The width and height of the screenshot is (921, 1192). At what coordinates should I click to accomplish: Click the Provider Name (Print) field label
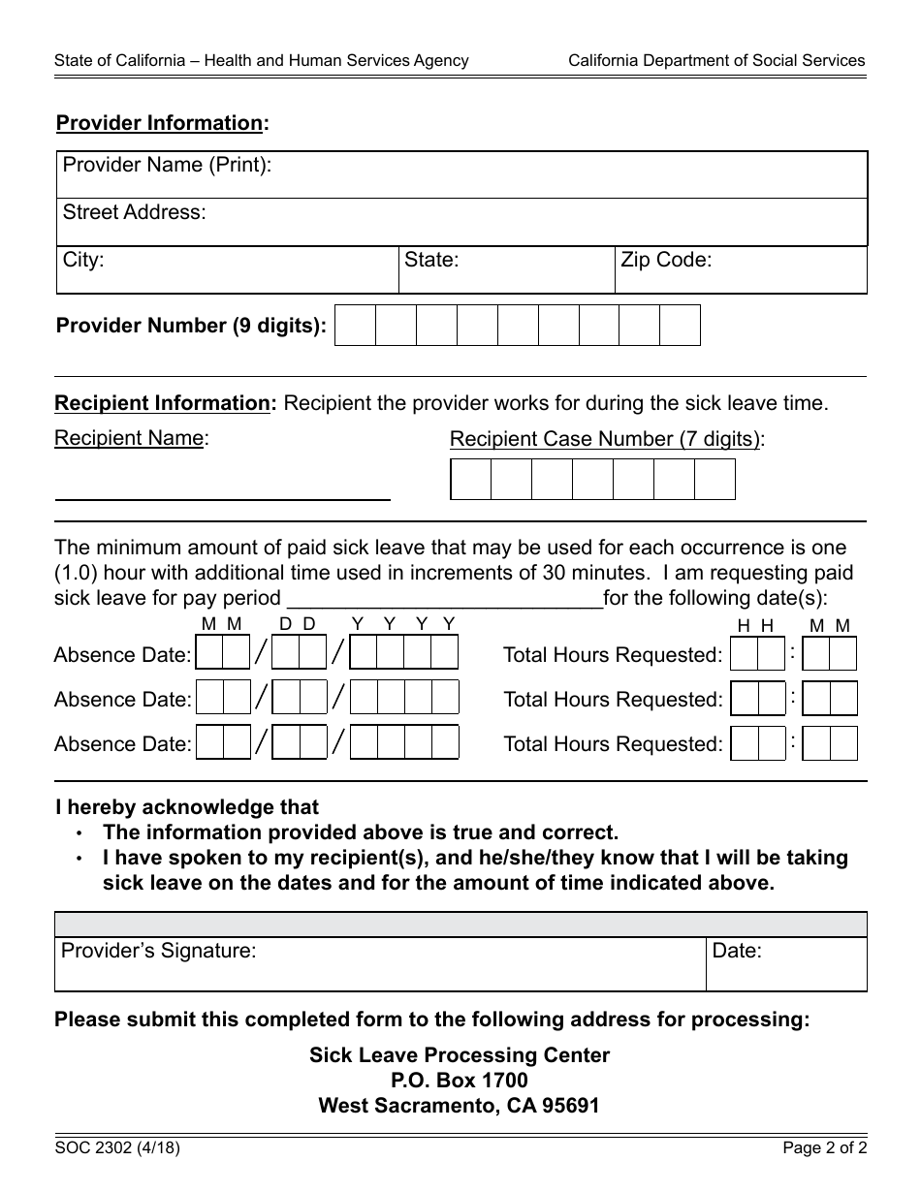[x=167, y=165]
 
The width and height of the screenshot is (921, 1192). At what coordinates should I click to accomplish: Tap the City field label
[x=83, y=260]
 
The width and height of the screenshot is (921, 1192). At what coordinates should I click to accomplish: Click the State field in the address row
[x=506, y=269]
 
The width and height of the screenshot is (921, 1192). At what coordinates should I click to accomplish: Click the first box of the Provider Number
[x=355, y=326]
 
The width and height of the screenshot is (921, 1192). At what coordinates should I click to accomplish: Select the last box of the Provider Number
[x=680, y=326]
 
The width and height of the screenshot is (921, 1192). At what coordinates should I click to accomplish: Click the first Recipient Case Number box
[x=471, y=479]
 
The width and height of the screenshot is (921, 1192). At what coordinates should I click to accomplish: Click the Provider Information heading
[x=160, y=123]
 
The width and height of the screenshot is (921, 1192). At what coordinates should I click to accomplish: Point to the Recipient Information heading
[x=162, y=403]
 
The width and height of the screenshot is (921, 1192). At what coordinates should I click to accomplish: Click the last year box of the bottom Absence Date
[x=445, y=743]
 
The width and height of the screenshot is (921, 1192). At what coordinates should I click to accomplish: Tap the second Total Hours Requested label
[x=613, y=700]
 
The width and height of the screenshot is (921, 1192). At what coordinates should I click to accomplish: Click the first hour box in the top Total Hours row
[x=744, y=654]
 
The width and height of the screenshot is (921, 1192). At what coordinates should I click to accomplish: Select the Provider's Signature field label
[x=159, y=951]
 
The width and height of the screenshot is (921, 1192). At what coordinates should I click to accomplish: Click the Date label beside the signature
[x=737, y=951]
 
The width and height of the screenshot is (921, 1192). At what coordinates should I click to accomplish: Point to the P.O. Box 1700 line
[x=460, y=1080]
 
